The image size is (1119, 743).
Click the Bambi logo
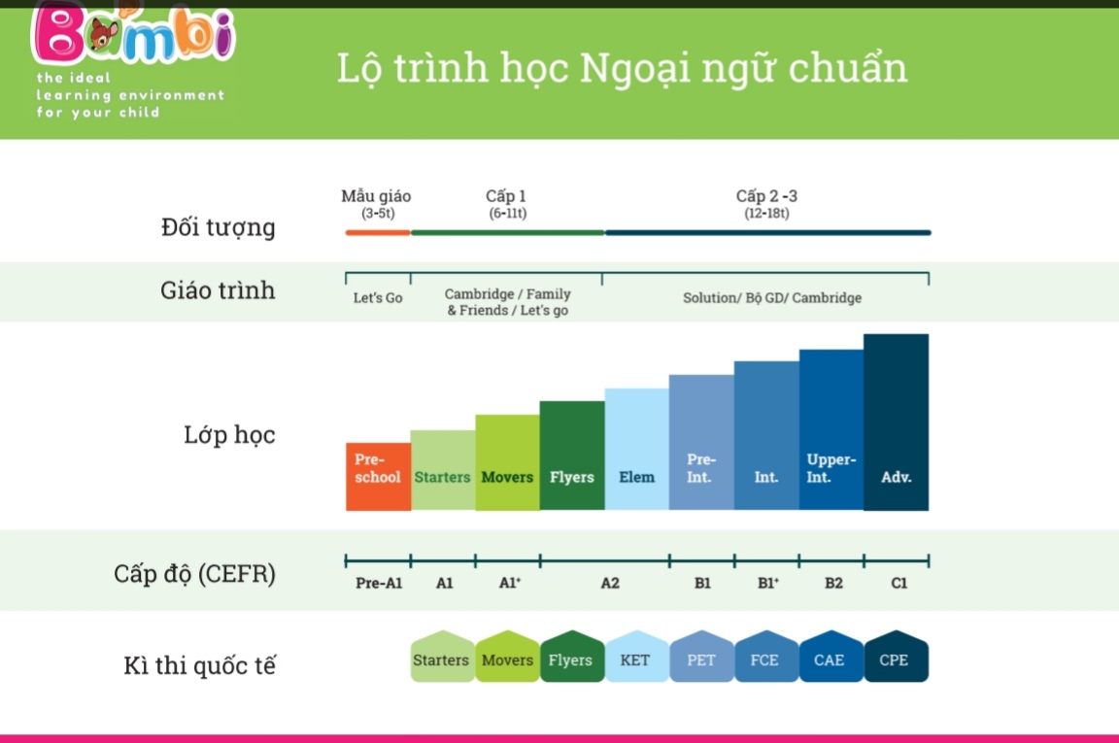[133, 34]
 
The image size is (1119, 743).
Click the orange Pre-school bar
[378, 476]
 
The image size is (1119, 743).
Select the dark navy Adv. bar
[896, 422]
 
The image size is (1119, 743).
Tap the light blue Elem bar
[636, 449]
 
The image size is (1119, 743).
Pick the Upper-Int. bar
[831, 429]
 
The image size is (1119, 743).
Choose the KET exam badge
[636, 657]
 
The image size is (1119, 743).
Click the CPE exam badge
[896, 657]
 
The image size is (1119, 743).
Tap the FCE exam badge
[766, 657]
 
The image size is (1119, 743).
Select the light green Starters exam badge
[443, 657]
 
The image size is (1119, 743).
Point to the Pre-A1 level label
[379, 583]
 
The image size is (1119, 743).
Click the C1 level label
[899, 583]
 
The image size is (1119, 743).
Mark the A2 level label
[610, 583]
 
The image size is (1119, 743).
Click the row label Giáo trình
[218, 289]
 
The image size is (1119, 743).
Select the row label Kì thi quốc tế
[200, 665]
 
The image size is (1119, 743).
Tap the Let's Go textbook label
[378, 297]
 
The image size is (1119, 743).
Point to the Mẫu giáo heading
[376, 196]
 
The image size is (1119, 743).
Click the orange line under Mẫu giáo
[378, 233]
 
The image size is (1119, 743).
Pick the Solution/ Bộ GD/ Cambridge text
[772, 297]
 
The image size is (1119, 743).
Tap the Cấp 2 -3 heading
[766, 196]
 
